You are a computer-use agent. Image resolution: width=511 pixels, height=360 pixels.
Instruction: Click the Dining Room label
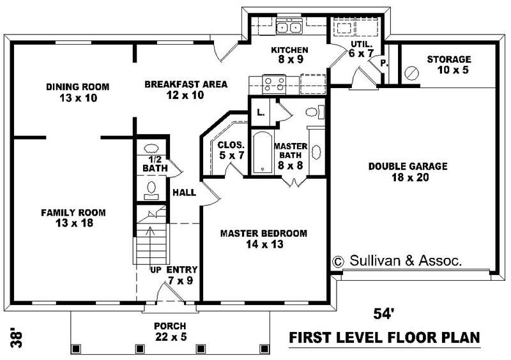pyautogui.click(x=77, y=92)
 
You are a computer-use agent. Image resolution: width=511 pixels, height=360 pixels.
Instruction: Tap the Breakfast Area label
pyautogui.click(x=174, y=89)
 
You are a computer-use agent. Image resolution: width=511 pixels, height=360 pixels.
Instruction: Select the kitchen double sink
pyautogui.click(x=289, y=27)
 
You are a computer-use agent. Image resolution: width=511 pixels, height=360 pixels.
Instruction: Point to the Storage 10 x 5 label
pyautogui.click(x=448, y=64)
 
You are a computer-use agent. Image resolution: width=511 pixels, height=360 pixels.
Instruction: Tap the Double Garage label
pyautogui.click(x=408, y=172)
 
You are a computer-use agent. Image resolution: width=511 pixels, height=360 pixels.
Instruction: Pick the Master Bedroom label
pyautogui.click(x=263, y=238)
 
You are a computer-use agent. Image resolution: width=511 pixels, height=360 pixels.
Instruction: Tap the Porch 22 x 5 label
pyautogui.click(x=170, y=331)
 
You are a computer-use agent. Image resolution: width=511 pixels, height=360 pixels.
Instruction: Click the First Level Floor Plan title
pyautogui.click(x=384, y=337)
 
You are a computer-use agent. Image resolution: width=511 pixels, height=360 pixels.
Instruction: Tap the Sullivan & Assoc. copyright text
pyautogui.click(x=397, y=261)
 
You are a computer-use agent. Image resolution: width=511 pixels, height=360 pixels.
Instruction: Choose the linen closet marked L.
pyautogui.click(x=261, y=112)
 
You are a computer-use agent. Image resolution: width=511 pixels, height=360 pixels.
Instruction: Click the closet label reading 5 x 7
pyautogui.click(x=227, y=149)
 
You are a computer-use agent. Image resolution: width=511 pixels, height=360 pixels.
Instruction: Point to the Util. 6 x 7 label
pyautogui.click(x=361, y=49)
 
